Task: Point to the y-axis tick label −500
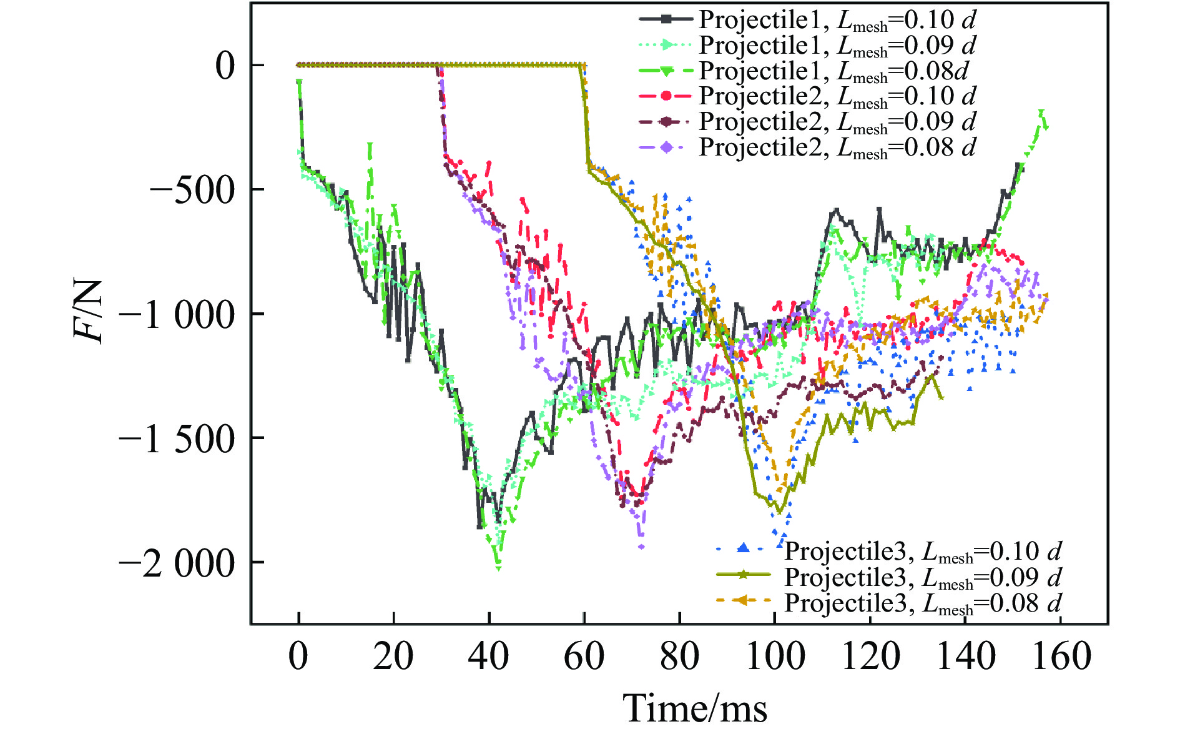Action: click(x=192, y=190)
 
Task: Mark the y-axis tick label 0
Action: click(x=225, y=66)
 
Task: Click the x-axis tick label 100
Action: click(x=775, y=657)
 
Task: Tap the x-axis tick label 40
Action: click(x=489, y=657)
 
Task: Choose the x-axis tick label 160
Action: click(x=1061, y=657)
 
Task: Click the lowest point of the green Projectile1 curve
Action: click(x=498, y=567)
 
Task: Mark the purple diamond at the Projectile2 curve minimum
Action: click(x=641, y=547)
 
